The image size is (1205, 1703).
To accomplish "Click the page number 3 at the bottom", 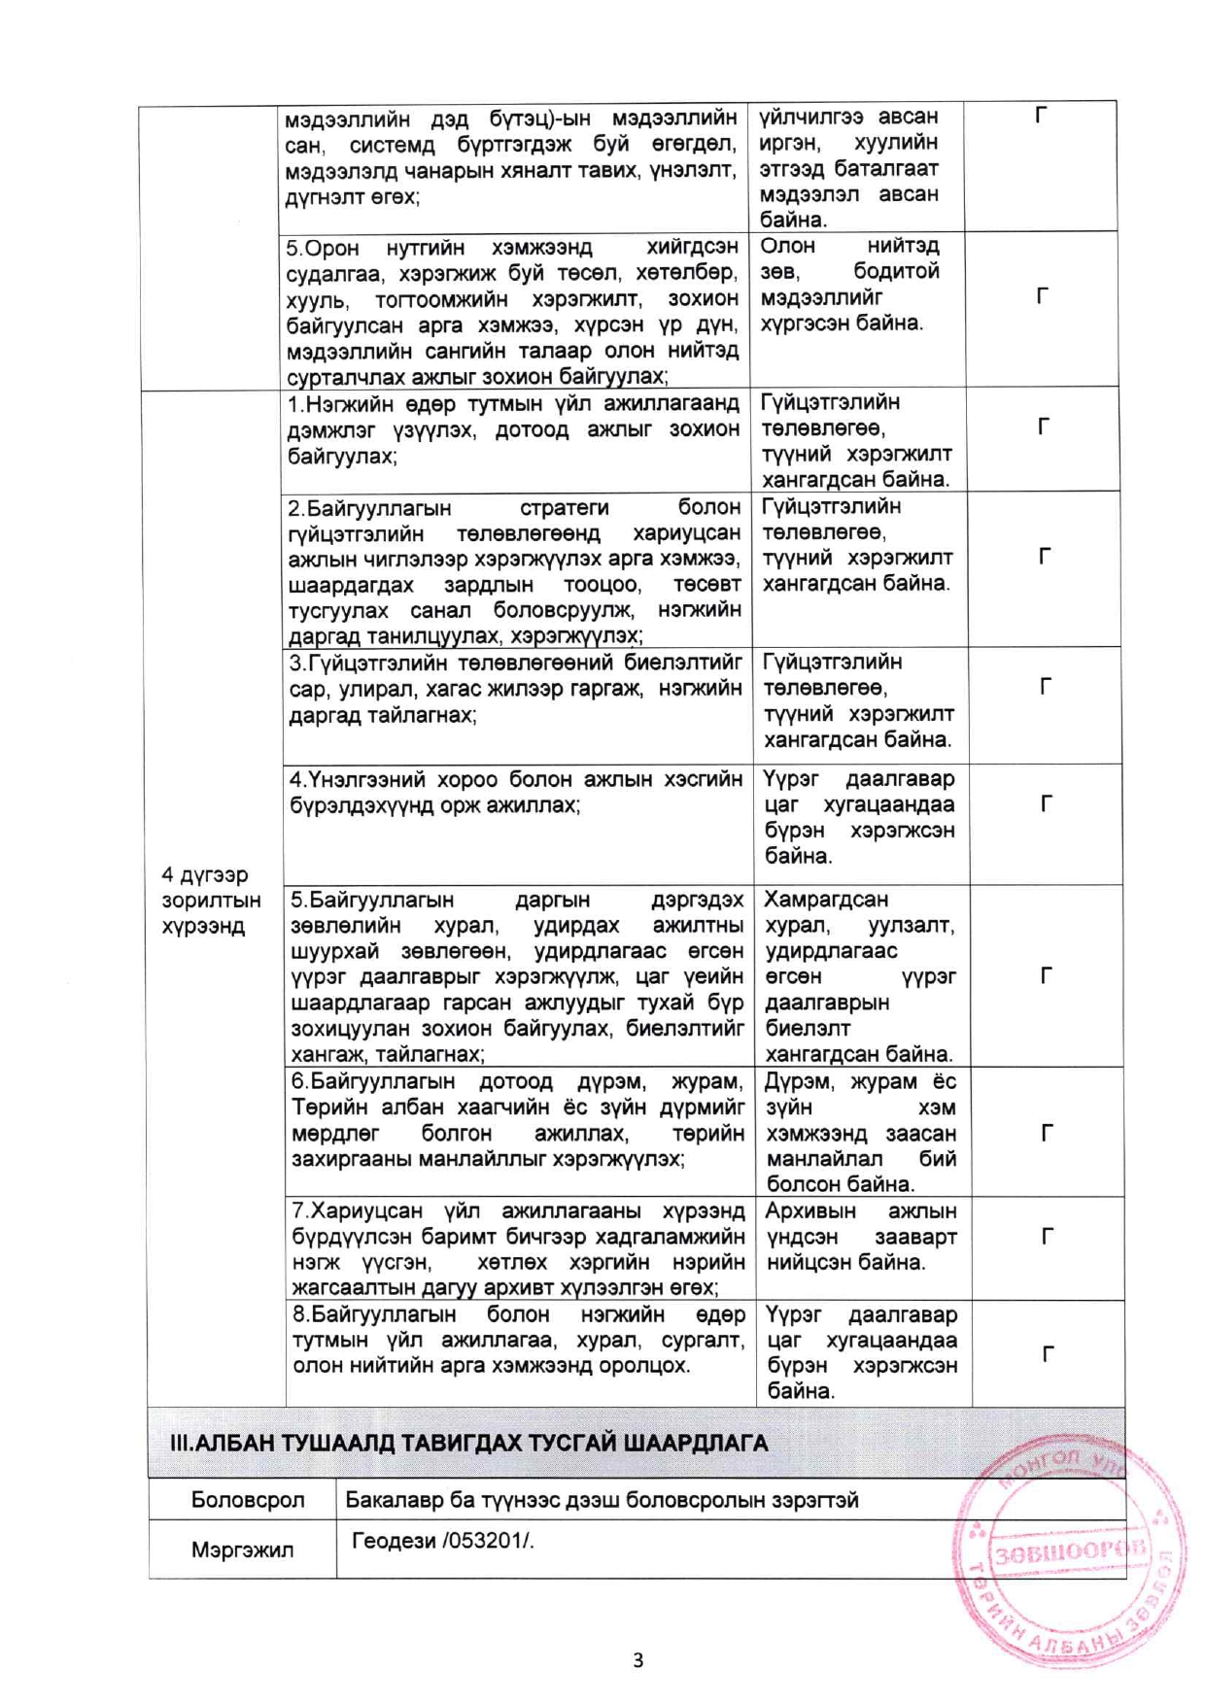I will [637, 1659].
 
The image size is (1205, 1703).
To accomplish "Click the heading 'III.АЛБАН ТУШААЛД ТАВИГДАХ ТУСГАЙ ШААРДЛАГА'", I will [468, 1443].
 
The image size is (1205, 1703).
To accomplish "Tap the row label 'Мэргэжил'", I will [242, 1550].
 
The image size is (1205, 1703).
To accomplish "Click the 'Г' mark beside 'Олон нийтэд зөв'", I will [1043, 295].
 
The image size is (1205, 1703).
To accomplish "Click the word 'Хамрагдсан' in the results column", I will [825, 900].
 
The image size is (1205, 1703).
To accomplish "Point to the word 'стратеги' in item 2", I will [564, 508].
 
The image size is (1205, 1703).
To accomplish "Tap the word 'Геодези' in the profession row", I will [393, 1541].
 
